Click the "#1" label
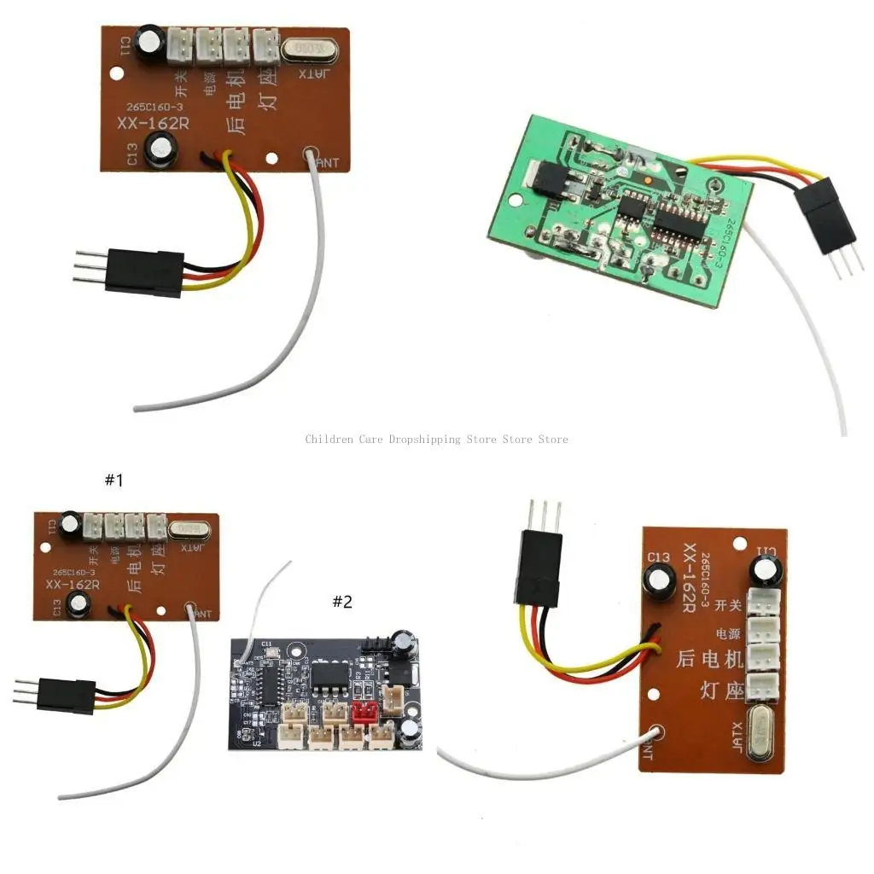pos(114,481)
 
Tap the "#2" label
pos(341,603)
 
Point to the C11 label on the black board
pos(266,644)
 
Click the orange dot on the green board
pos(650,182)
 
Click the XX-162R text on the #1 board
pos(73,585)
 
